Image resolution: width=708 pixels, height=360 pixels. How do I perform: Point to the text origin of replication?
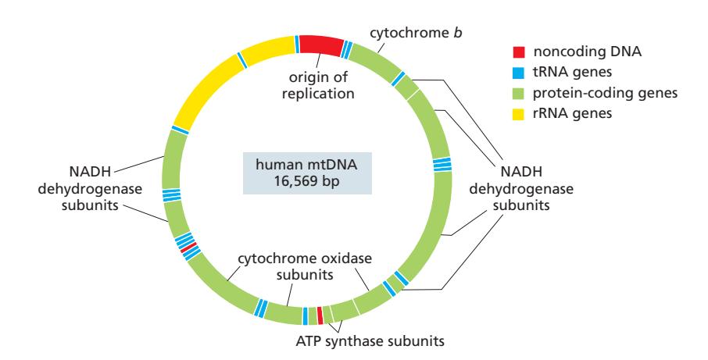click(320, 87)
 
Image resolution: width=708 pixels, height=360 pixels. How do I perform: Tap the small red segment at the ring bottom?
click(320, 315)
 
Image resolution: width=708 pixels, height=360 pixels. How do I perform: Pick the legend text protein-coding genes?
click(605, 94)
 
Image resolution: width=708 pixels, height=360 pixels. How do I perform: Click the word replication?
click(320, 94)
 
